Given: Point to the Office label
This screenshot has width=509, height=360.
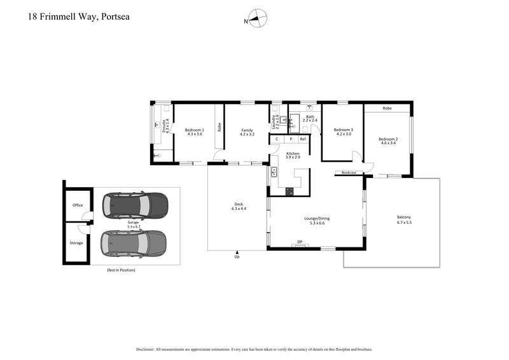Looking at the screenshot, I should tap(78, 205).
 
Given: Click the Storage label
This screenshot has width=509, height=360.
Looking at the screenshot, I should tap(76, 243).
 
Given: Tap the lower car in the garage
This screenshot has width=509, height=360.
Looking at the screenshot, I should tap(134, 242).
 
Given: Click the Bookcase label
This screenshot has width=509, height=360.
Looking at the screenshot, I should tap(349, 172).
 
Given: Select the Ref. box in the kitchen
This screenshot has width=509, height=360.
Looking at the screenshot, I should tap(303, 139).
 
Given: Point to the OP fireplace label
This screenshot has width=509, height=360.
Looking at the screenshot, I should tap(300, 242).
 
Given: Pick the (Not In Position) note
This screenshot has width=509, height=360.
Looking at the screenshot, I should tap(121, 270).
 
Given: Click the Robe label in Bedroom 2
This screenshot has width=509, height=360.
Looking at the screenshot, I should tap(387, 109).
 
